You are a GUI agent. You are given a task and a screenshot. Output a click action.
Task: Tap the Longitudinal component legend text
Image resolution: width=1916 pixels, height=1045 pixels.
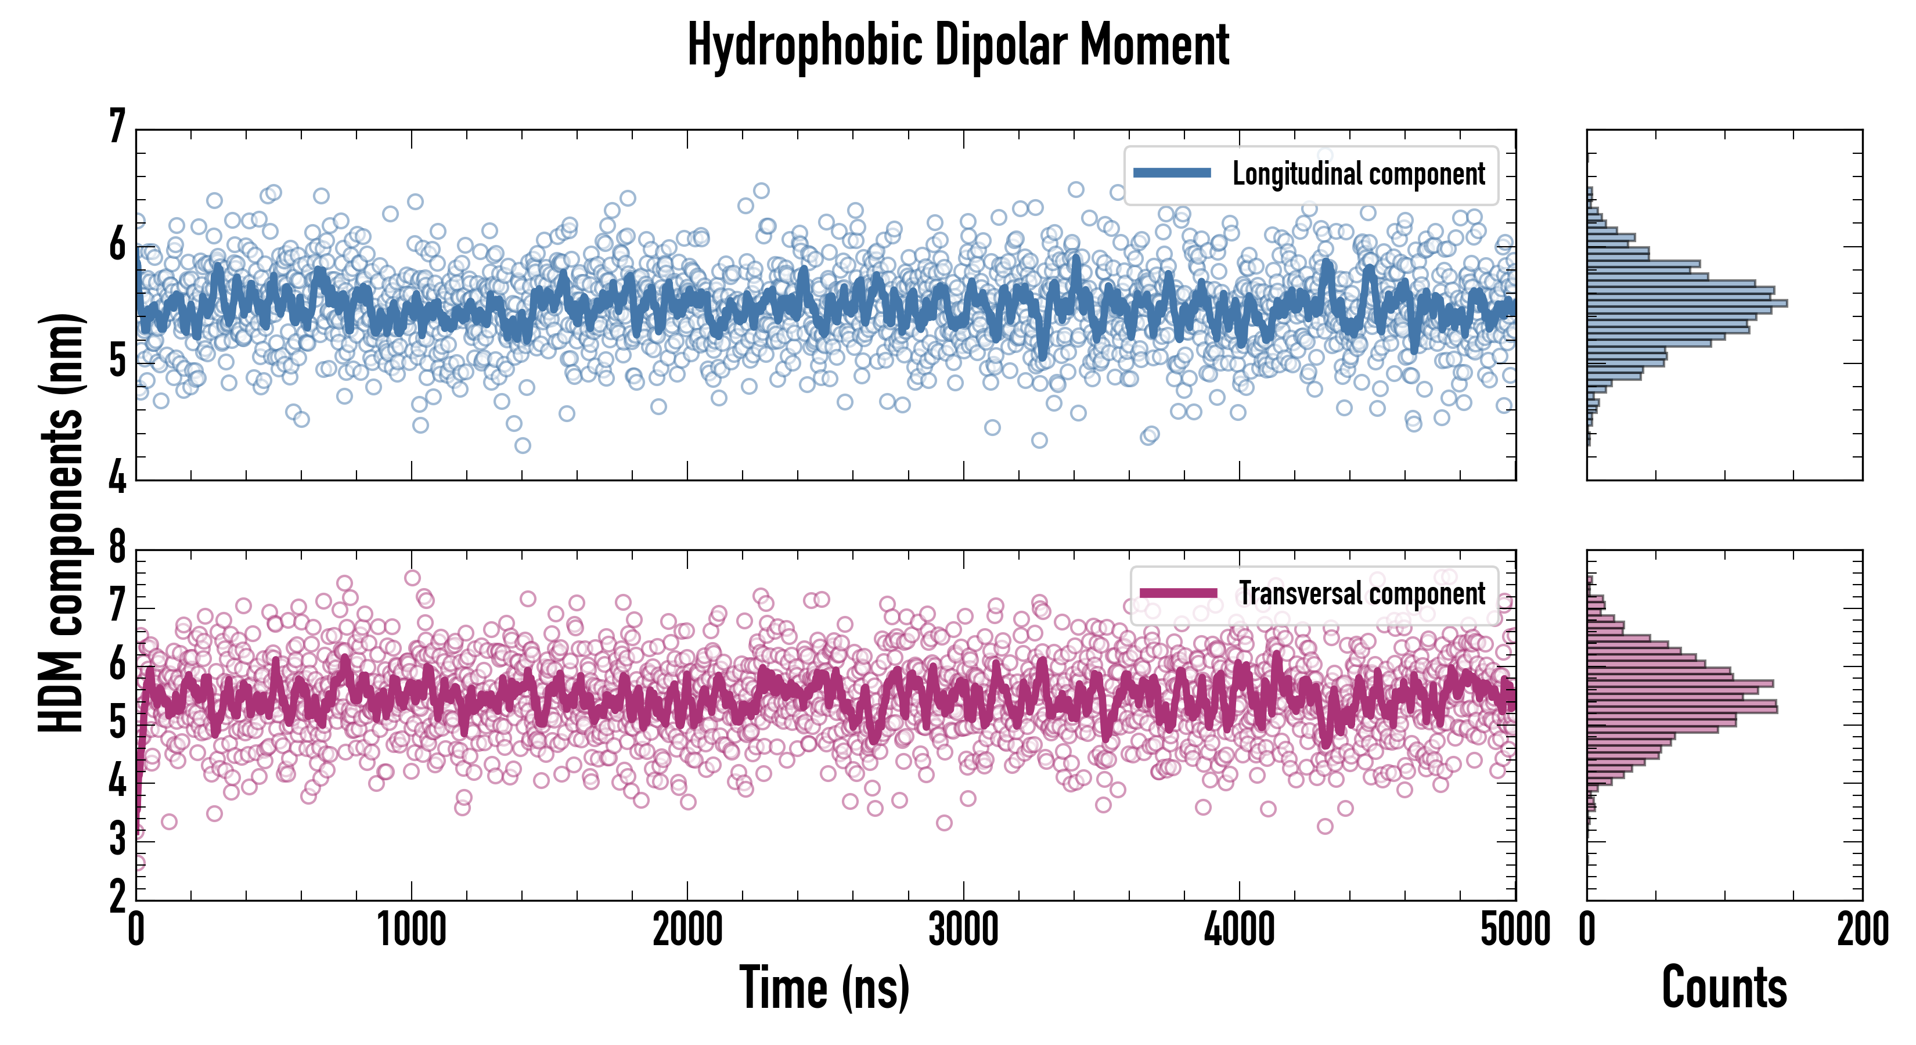point(1358,174)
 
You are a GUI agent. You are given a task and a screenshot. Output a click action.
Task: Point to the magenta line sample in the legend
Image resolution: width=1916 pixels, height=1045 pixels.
point(1178,593)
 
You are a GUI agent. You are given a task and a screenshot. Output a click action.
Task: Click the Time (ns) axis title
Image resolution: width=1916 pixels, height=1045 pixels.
point(824,988)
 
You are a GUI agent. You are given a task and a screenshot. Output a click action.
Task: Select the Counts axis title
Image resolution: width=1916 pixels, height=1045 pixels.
point(1724,988)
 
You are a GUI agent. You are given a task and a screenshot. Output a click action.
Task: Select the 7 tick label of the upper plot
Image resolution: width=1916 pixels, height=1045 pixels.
point(117,127)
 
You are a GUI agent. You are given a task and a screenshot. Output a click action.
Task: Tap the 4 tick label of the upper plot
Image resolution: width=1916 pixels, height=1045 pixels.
point(117,477)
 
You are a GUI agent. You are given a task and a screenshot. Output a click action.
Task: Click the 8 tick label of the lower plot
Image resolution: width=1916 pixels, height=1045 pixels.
point(117,548)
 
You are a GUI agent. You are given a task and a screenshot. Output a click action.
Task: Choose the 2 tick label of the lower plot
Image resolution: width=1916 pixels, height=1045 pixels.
point(117,897)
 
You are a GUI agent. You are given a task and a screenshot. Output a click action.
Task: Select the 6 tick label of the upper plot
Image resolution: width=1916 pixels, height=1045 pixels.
point(117,244)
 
